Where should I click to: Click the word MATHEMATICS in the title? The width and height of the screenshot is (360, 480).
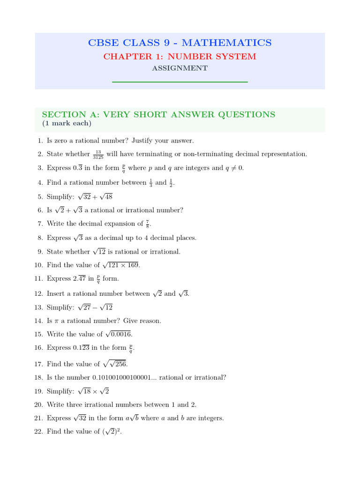(226, 43)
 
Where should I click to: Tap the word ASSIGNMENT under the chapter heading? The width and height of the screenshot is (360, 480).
(180, 68)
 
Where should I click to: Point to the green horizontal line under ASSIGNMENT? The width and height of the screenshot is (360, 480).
(180, 82)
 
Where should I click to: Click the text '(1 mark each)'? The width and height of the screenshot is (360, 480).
(67, 124)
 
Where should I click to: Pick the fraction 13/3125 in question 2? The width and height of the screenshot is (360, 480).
(98, 154)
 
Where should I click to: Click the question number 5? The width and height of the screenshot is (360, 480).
(41, 197)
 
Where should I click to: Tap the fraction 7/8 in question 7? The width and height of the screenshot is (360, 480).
(148, 224)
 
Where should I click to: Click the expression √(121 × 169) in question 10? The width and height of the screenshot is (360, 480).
(120, 265)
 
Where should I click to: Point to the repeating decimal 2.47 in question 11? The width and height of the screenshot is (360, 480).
(79, 278)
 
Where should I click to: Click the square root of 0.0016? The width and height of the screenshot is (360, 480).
(118, 334)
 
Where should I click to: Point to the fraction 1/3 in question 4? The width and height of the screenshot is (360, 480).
(151, 182)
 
